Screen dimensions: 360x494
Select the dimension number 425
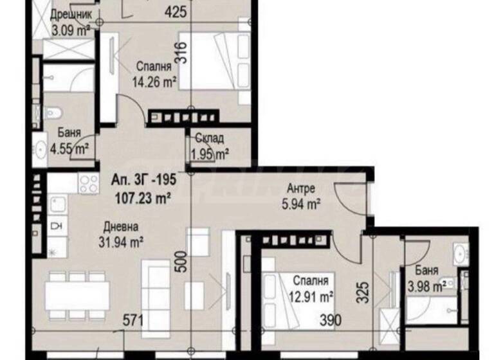tap(174, 12)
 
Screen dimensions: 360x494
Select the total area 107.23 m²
tap(142, 199)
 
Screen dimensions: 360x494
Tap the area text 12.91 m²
tap(313, 297)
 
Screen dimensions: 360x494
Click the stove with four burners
tap(86, 184)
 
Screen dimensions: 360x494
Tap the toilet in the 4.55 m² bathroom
tap(53, 115)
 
